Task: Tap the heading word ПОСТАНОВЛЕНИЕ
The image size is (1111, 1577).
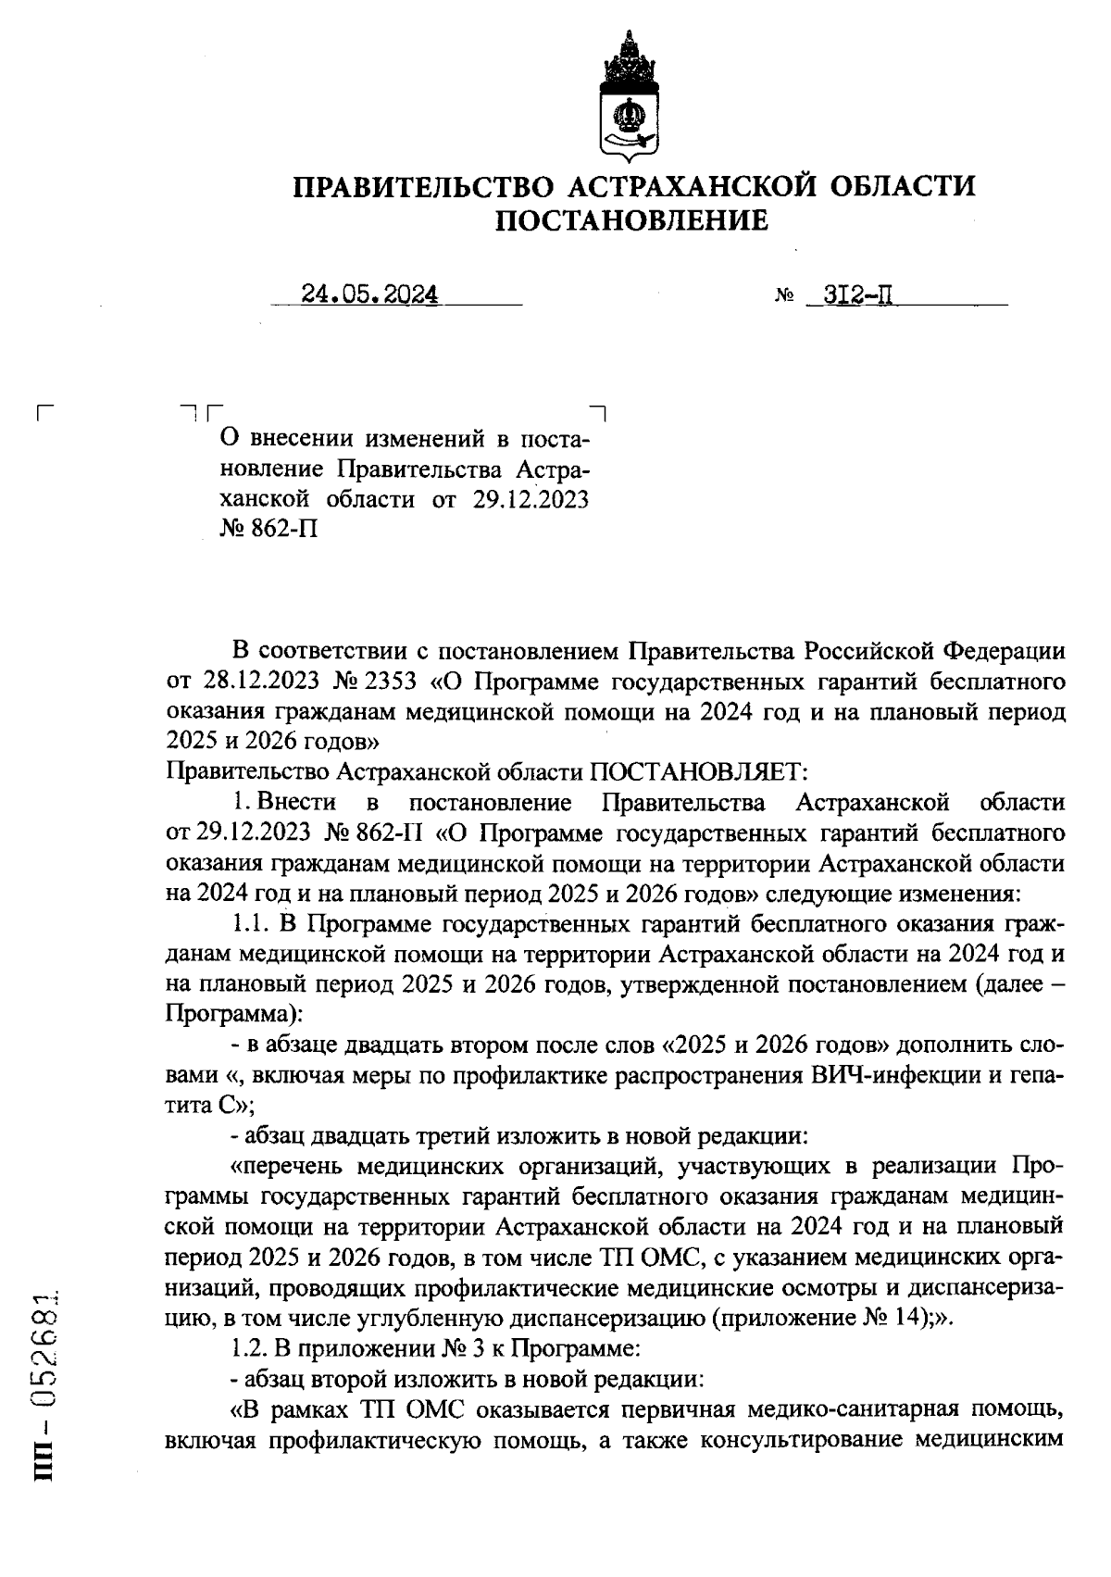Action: point(633,221)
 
